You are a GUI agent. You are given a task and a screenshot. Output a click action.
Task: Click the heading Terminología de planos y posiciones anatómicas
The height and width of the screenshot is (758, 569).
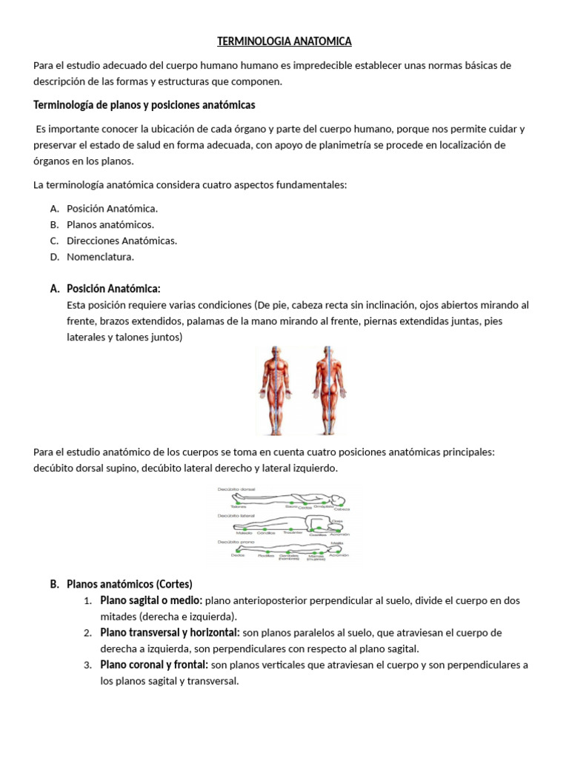pyautogui.click(x=144, y=104)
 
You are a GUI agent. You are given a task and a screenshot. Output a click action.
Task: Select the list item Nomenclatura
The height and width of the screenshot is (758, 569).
pyautogui.click(x=100, y=257)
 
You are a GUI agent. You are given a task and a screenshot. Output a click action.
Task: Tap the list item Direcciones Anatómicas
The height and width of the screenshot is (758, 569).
pyautogui.click(x=122, y=241)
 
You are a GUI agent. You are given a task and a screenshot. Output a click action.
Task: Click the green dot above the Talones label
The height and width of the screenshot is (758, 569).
pyautogui.click(x=239, y=503)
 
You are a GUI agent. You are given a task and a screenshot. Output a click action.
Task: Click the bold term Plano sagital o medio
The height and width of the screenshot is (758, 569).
pyautogui.click(x=151, y=600)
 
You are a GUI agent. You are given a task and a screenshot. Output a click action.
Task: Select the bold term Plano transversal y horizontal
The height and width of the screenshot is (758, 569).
pyautogui.click(x=170, y=632)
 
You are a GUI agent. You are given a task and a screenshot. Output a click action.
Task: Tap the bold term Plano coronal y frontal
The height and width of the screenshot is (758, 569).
pyautogui.click(x=154, y=665)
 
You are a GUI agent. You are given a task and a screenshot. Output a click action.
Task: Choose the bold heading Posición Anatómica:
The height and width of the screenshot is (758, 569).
pyautogui.click(x=113, y=288)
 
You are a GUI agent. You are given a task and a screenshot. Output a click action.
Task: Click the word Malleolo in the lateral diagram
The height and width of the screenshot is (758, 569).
pyautogui.click(x=243, y=533)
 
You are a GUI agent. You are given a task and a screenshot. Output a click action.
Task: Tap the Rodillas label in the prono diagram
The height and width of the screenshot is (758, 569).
pyautogui.click(x=266, y=556)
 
